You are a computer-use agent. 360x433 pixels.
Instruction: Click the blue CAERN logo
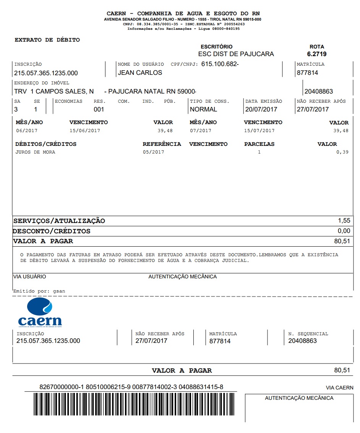click(40, 313)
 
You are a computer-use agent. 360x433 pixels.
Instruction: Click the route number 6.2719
click(317, 54)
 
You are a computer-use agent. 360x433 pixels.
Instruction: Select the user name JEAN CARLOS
click(140, 73)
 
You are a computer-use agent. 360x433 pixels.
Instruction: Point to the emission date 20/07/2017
click(261, 109)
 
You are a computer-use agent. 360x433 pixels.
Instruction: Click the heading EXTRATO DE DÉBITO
click(47, 40)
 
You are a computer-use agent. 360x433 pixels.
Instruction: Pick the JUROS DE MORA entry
click(35, 152)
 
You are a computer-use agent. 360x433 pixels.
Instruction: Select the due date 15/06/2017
click(84, 131)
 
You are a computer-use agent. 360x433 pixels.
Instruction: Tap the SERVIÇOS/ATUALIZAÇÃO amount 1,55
click(344, 221)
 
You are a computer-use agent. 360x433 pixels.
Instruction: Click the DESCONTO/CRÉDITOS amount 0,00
click(344, 231)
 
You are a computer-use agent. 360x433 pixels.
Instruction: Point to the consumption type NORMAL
click(203, 109)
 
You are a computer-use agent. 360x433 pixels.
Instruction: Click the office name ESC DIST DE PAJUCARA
click(236, 54)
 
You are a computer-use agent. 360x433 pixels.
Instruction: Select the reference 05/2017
click(153, 152)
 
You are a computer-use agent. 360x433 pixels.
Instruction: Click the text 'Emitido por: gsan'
click(39, 291)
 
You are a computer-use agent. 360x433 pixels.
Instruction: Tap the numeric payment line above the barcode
click(131, 387)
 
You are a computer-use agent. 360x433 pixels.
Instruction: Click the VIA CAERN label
click(339, 388)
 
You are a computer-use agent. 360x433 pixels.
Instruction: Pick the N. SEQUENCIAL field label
click(308, 334)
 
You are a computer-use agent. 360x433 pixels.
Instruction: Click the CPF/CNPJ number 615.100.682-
click(220, 64)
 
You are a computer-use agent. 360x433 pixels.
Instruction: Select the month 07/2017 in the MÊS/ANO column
click(200, 131)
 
